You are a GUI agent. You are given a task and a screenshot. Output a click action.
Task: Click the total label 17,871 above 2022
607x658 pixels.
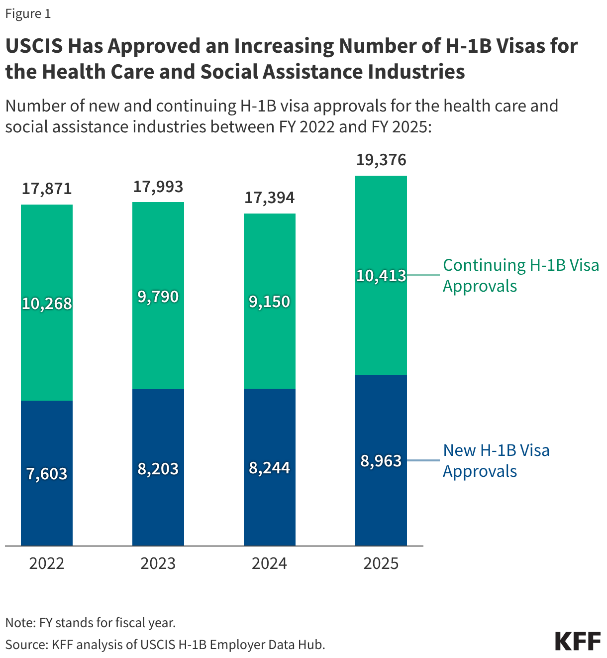point(47,189)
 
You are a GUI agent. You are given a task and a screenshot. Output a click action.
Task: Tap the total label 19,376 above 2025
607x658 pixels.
point(381,160)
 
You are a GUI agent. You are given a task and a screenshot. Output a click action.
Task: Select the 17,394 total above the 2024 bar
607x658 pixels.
point(269,198)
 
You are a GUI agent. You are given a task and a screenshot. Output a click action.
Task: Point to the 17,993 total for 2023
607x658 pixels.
point(158,187)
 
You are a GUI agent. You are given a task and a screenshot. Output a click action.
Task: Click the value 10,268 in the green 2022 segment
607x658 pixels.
point(47,304)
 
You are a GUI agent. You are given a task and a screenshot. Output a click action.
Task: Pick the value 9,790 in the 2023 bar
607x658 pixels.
point(158,297)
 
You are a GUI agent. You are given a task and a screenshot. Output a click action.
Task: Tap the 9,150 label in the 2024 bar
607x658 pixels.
point(269,302)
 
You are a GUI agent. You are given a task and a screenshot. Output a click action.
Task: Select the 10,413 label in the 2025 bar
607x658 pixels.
point(381,276)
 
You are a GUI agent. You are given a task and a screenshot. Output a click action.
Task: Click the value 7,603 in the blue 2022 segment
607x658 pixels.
point(47,474)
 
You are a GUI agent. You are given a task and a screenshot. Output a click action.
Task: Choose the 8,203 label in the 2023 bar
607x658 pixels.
point(158,469)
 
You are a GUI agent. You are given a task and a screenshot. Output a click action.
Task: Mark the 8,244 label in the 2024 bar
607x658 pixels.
point(269,468)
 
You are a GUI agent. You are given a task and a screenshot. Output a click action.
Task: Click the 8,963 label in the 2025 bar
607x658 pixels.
point(381,461)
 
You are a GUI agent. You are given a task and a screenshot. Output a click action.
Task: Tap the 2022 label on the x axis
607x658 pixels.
point(47,563)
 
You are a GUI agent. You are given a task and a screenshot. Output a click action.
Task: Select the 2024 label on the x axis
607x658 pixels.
point(269,563)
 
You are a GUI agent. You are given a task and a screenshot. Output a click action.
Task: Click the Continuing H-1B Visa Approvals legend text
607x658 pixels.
point(520,275)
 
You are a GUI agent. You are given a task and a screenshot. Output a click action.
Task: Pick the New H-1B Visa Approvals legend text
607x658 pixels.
point(496,460)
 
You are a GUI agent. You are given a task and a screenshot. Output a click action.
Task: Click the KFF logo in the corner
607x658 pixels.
point(578,642)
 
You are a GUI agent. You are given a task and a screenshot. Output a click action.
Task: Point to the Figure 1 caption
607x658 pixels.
point(28,13)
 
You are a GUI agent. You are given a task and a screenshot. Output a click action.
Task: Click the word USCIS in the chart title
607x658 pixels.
point(34,46)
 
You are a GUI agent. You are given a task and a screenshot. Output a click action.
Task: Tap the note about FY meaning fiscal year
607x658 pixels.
point(91,623)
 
